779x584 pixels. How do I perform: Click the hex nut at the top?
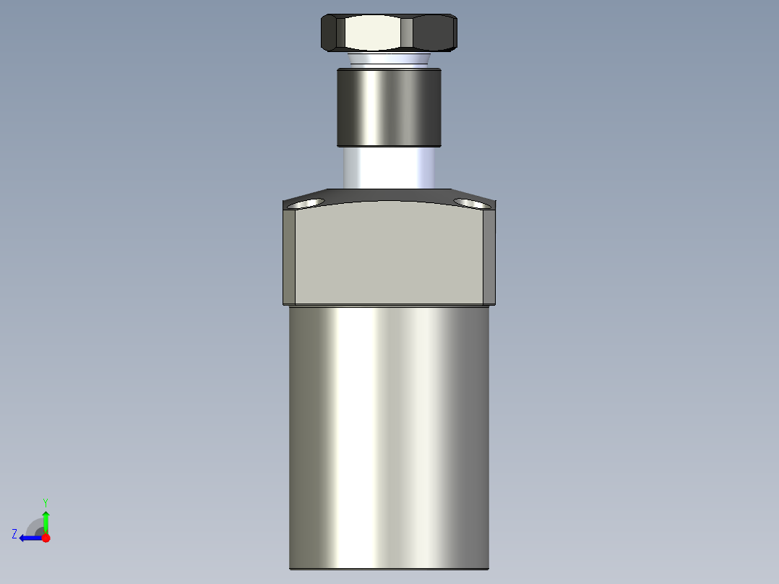coord(388,33)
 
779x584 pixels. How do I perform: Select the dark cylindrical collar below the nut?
coord(388,107)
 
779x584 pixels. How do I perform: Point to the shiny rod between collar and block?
coord(388,168)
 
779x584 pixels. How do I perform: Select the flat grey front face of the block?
coord(388,253)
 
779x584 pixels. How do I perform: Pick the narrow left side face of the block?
coord(289,257)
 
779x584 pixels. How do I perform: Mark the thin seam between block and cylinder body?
coord(388,306)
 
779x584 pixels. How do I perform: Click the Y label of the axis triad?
coord(45,502)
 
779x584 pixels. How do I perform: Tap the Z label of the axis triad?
coord(14,534)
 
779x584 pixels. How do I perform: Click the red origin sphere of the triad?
coord(46,538)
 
